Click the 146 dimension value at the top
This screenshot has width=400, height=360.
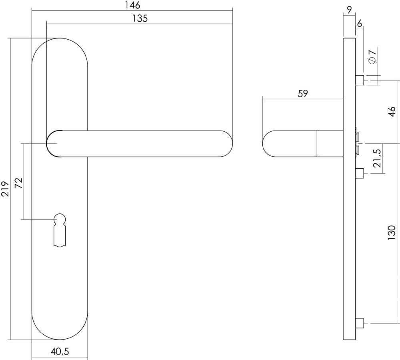[132, 5]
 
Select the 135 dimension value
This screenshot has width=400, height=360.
[140, 18]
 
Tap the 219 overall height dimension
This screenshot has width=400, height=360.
[5, 188]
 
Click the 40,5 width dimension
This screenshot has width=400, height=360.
[60, 352]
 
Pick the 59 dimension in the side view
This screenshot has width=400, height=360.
[303, 94]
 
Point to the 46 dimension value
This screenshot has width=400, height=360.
[392, 112]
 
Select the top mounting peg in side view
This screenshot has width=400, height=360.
[360, 80]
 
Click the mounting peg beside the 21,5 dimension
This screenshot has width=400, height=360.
[360, 173]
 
